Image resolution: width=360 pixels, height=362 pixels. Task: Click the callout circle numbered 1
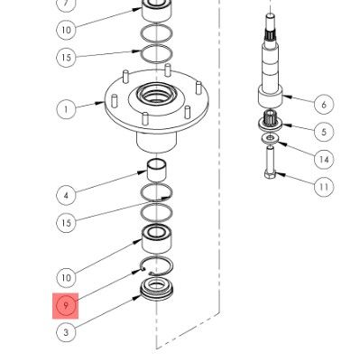pos(66,109)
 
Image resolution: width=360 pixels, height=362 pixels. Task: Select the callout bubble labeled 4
pos(66,194)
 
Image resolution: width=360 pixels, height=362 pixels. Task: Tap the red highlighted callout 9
pos(66,305)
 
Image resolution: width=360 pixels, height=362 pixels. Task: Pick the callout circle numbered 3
pos(66,333)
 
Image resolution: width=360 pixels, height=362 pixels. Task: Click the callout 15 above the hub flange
pos(66,58)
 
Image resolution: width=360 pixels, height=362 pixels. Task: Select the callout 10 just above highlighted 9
pos(66,277)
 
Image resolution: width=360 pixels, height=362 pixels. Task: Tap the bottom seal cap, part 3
pos(157,293)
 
